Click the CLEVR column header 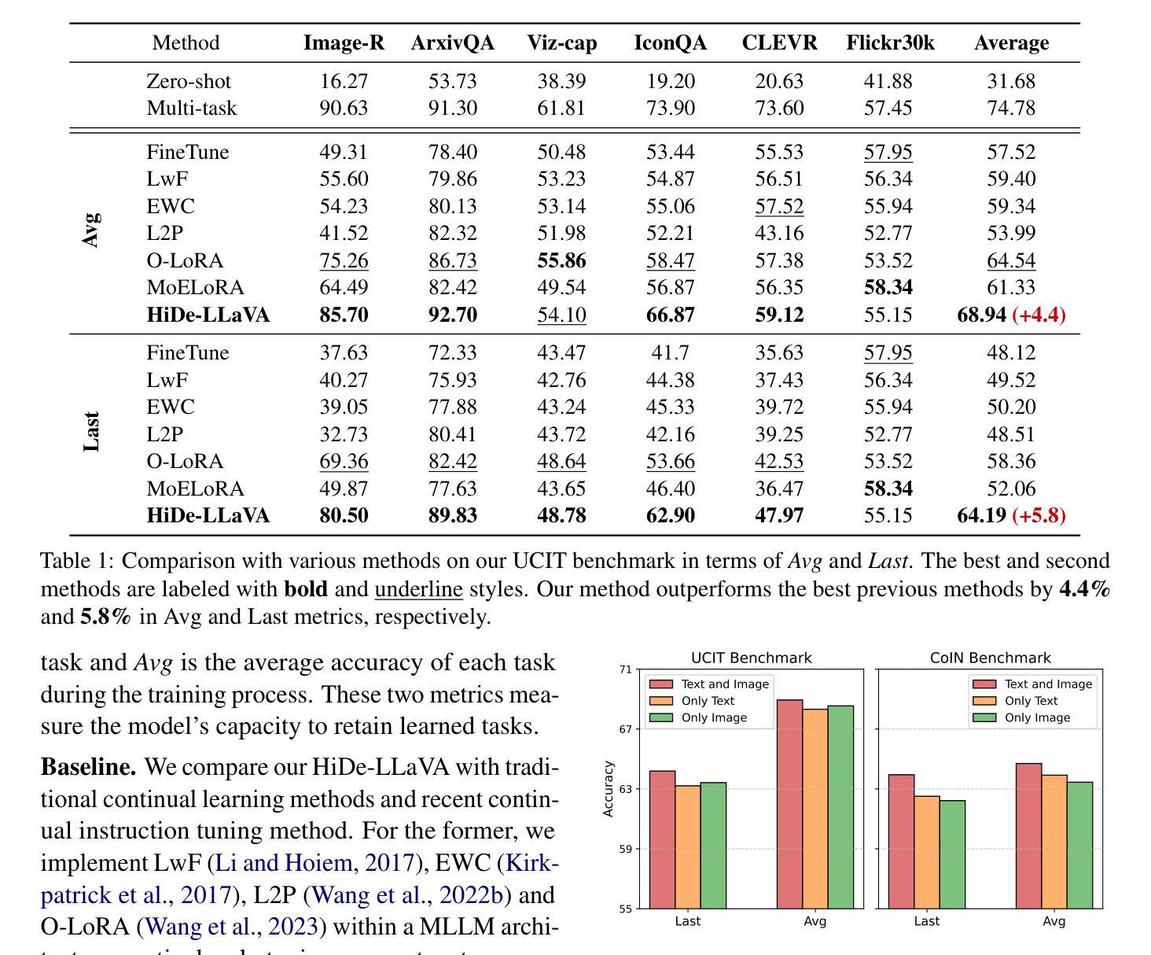pyautogui.click(x=779, y=42)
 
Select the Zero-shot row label pyautogui.click(x=189, y=81)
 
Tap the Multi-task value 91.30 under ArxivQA pyautogui.click(x=452, y=108)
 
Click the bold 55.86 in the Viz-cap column pyautogui.click(x=561, y=260)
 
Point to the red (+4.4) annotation pyautogui.click(x=1039, y=315)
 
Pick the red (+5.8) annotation pyautogui.click(x=1039, y=515)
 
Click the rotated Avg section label pyautogui.click(x=91, y=230)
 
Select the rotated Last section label pyautogui.click(x=91, y=431)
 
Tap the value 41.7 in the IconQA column pyautogui.click(x=670, y=352)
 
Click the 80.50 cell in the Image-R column pyautogui.click(x=344, y=515)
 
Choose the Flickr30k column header pyautogui.click(x=890, y=42)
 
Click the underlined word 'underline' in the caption pyautogui.click(x=418, y=588)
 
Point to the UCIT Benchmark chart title pyautogui.click(x=751, y=658)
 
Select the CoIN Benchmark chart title pyautogui.click(x=990, y=658)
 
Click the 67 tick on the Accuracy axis pyautogui.click(x=625, y=729)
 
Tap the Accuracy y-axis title pyautogui.click(x=608, y=789)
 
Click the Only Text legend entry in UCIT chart pyautogui.click(x=692, y=701)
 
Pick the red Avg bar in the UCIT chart pyautogui.click(x=789, y=805)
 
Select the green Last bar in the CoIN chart pyautogui.click(x=952, y=854)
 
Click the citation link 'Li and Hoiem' pyautogui.click(x=283, y=863)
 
